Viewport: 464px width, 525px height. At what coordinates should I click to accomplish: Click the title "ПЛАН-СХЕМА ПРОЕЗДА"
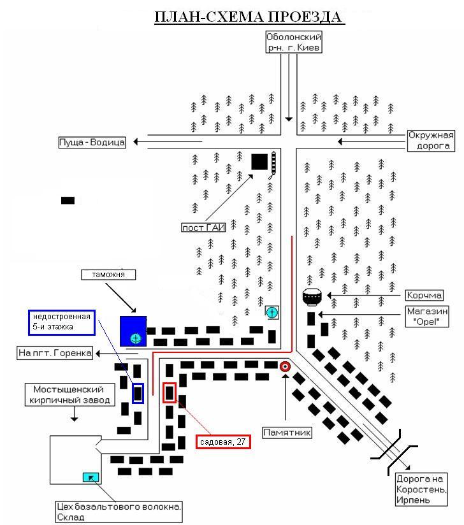tap(250, 17)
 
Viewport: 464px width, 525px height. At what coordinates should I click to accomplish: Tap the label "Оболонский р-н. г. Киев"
tap(294, 42)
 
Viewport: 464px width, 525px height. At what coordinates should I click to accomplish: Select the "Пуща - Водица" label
tap(92, 142)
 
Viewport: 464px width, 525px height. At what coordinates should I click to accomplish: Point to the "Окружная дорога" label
tap(431, 141)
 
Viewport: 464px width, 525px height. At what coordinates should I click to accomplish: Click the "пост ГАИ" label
tap(204, 227)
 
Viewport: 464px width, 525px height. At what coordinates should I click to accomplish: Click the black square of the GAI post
tap(259, 162)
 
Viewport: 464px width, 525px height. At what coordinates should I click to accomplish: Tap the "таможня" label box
tap(108, 275)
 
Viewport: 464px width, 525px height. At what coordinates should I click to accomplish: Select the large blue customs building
tap(133, 331)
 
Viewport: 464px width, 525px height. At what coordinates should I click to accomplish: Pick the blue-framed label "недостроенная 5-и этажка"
tap(62, 322)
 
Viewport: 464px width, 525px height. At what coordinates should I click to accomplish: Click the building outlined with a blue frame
tap(138, 393)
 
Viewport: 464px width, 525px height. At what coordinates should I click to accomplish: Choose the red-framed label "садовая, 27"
tap(223, 442)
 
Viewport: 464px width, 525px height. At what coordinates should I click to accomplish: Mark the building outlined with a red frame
tap(170, 392)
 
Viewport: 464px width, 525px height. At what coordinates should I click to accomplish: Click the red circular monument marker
tap(285, 366)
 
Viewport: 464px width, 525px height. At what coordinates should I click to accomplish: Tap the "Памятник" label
tap(287, 433)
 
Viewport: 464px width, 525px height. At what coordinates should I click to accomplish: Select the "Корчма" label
tap(424, 296)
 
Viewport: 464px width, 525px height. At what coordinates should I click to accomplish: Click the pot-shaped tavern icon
tap(312, 297)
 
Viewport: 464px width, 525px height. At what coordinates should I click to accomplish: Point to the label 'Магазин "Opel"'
tap(428, 317)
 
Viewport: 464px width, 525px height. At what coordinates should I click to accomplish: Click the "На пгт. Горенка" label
tap(55, 353)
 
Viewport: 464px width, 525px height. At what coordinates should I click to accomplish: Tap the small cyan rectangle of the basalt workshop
tap(91, 477)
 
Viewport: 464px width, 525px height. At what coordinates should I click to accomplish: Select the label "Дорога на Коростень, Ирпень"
tap(421, 489)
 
